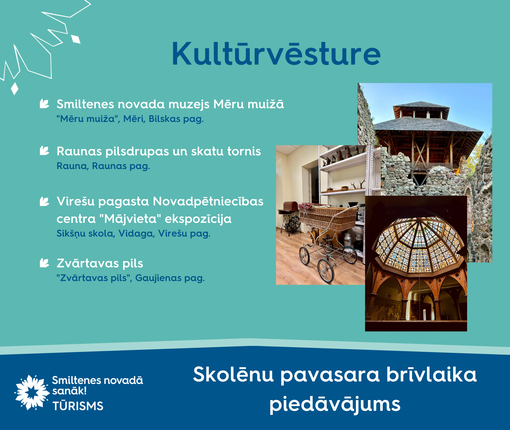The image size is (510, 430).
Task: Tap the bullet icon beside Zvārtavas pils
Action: coord(44,263)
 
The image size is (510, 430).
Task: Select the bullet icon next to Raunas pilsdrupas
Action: coord(44,151)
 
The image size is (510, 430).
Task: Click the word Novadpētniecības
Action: coord(208,201)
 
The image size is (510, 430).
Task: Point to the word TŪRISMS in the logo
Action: coord(78,406)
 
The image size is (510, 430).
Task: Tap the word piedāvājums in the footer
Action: coord(335,404)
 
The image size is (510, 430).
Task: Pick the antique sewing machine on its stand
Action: coord(290,218)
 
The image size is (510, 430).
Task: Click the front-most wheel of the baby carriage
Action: coord(326,271)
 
